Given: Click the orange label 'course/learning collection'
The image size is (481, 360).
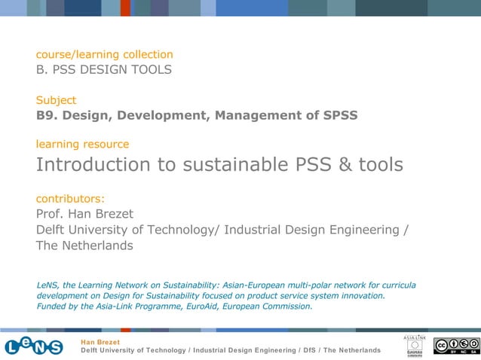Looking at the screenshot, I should click(105, 54).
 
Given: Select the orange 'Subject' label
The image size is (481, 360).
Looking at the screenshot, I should click(56, 99).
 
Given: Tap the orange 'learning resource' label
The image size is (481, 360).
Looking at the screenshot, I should click(82, 144).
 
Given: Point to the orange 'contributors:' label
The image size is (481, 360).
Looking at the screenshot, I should click(70, 199).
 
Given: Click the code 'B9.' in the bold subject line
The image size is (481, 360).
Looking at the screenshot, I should click(47, 115).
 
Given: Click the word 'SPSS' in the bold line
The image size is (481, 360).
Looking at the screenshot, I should click(339, 115).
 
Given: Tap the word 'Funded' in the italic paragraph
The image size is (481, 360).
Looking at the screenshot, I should click(53, 307).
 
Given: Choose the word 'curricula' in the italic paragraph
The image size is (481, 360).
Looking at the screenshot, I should click(396, 285).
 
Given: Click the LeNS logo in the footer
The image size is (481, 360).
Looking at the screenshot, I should click(34, 346).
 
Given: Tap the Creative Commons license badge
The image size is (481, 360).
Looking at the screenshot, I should click(456, 346).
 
